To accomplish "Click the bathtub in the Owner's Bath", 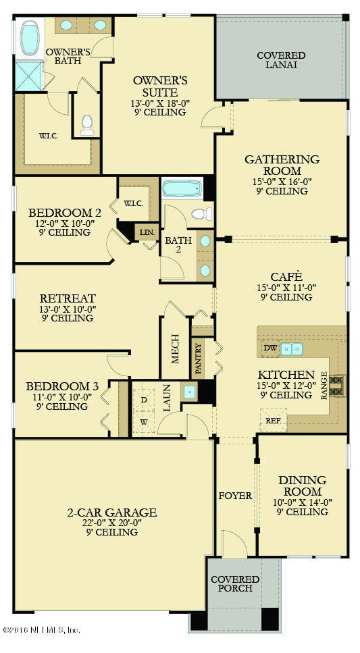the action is coord(29,38).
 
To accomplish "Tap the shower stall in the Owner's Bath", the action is coord(28,76).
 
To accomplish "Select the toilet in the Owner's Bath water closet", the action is coord(87,126).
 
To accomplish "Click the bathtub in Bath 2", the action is coord(182,188).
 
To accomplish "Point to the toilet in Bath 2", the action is coord(202,214).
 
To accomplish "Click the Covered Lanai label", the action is coord(281,60).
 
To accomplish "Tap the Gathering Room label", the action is coord(282,165).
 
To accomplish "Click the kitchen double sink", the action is coord(291,348).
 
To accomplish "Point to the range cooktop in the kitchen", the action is coord(337,386).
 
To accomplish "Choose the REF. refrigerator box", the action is coord(273,421).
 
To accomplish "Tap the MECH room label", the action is coord(176,348).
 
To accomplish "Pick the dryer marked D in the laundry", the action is coord(144,400).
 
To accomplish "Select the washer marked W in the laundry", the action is coord(144,422).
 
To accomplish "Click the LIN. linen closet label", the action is coord(147,232).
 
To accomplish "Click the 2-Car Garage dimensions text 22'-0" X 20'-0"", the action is coord(111,522).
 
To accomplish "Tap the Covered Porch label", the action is coord(235,584).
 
